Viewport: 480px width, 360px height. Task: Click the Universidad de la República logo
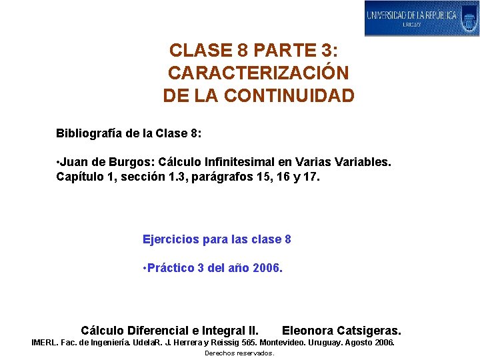[x=421, y=18]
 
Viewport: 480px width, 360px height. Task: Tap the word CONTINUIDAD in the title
[x=289, y=96]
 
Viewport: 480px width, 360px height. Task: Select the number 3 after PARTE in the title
[x=327, y=51]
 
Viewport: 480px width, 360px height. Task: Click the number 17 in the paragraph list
[x=311, y=178]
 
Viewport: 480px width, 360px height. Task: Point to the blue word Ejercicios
[x=170, y=239]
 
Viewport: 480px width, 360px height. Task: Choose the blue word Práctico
[x=170, y=268]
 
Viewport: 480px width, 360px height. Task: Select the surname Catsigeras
[x=369, y=330]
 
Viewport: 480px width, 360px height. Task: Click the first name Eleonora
[x=309, y=330]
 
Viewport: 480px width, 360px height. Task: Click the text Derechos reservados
[x=239, y=353]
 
